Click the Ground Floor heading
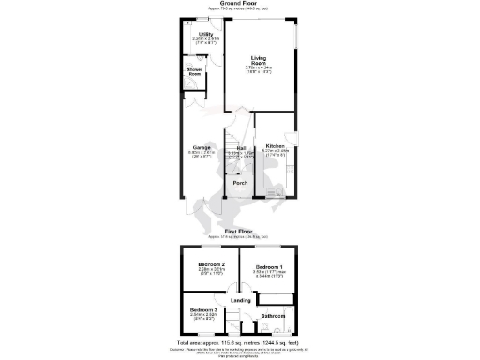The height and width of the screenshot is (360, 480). point(239,4)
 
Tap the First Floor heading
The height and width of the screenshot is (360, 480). point(239,230)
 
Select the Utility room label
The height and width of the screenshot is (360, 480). point(205,35)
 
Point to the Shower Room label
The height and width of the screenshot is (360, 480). point(195,70)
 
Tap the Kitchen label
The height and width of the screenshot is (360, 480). point(274,146)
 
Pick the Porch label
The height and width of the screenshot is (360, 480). point(240,183)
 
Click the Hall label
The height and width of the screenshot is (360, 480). point(240,147)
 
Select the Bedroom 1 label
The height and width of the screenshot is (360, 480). point(269,266)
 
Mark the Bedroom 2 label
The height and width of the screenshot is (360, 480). point(210,266)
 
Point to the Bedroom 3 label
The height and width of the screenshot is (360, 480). point(203,310)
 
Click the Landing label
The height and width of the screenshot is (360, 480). point(240,300)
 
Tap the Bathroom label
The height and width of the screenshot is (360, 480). point(273,316)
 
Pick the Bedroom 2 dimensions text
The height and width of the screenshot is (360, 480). point(210,274)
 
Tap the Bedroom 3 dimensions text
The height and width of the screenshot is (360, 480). point(203,318)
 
